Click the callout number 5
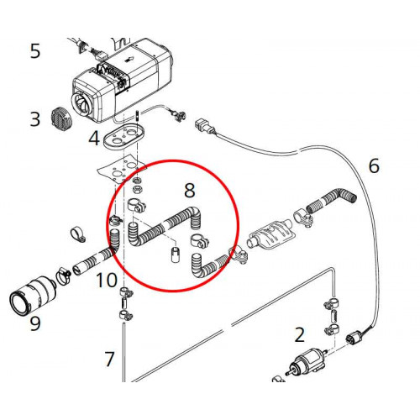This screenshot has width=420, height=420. pos(34,51)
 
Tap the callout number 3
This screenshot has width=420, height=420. pos(34,118)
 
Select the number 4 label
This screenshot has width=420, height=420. pos(94,137)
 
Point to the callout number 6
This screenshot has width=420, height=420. pos(374,165)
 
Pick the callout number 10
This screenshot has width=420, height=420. pos(106,280)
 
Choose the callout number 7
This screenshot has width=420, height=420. pos(109,360)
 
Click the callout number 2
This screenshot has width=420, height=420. pos(299,336)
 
